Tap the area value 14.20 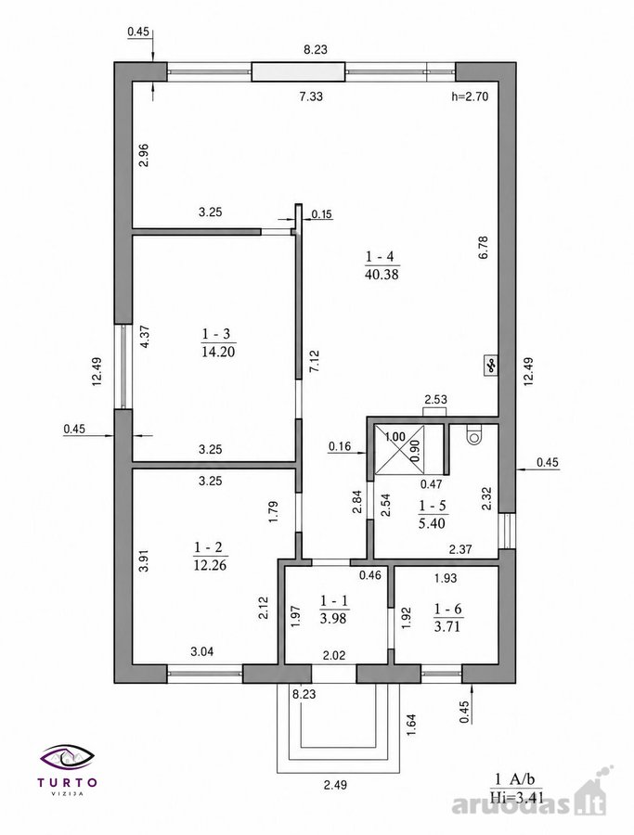(x=218, y=352)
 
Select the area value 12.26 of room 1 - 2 (x=210, y=565)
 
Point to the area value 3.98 (x=333, y=618)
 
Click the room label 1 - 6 (x=447, y=609)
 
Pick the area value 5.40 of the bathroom (x=432, y=523)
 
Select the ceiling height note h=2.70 (x=470, y=96)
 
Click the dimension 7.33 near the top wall (x=311, y=96)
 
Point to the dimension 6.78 (x=484, y=248)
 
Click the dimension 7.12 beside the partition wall (x=315, y=361)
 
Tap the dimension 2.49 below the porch (x=336, y=784)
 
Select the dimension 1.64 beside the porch (x=411, y=725)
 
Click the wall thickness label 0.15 (x=322, y=214)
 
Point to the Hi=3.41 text (x=516, y=797)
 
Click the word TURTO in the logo (x=68, y=782)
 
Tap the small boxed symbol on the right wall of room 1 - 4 (x=489, y=366)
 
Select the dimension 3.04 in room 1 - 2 (x=202, y=650)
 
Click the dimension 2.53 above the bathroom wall (x=435, y=399)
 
